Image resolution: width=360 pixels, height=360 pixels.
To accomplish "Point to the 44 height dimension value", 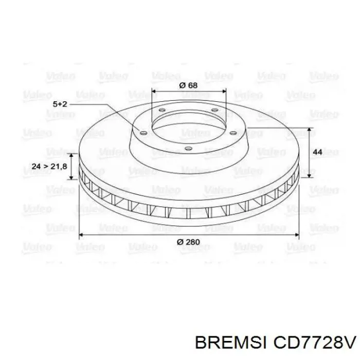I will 317,152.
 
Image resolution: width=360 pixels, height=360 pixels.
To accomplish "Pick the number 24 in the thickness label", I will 36,167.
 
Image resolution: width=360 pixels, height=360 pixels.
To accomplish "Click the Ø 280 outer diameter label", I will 188,242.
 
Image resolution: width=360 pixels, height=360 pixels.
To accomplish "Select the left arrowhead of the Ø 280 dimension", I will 80,235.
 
